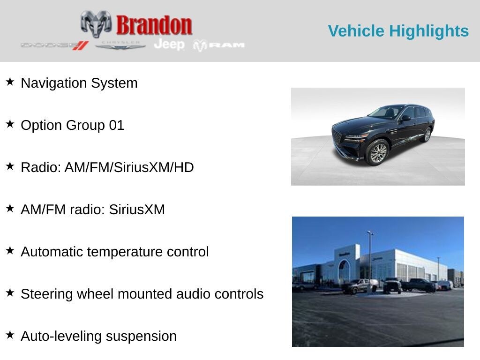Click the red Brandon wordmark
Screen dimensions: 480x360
(x=154, y=25)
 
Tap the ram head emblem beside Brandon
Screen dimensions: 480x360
(x=96, y=24)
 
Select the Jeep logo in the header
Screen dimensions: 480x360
(x=169, y=45)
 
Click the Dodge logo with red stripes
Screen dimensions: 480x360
(x=55, y=45)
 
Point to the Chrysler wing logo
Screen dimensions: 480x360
(x=120, y=45)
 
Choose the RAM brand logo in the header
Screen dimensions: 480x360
(x=218, y=45)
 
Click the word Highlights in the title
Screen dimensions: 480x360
(x=429, y=31)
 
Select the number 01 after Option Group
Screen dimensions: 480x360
(x=117, y=125)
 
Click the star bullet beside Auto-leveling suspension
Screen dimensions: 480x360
(x=10, y=335)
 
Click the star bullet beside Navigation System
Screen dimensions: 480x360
(x=10, y=82)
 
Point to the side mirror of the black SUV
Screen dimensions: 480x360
(x=406, y=118)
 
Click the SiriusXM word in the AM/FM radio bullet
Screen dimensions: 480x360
(x=137, y=210)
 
